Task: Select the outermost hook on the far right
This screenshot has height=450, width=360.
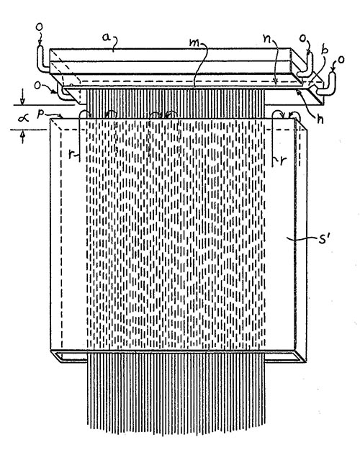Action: pyautogui.click(x=333, y=90)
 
